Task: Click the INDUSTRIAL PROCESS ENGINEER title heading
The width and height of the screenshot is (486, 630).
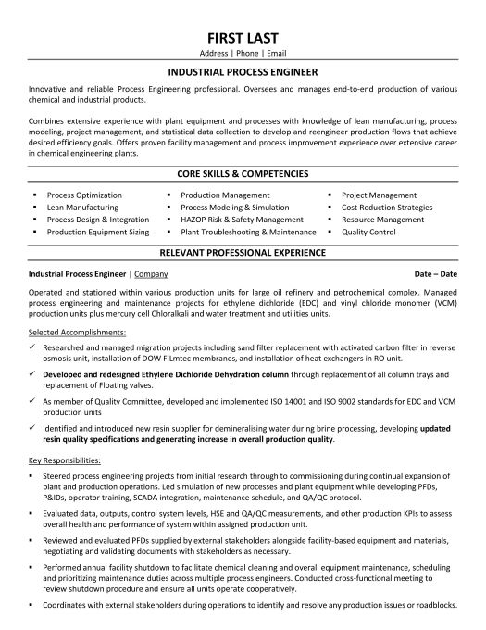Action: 243,69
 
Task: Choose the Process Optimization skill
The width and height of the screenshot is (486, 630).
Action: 84,195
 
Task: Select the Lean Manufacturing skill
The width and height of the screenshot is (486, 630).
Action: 81,208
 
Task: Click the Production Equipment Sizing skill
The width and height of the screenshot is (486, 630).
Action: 97,232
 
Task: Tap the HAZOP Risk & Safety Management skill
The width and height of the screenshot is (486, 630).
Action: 237,220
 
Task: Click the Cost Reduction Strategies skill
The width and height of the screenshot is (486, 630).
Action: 387,208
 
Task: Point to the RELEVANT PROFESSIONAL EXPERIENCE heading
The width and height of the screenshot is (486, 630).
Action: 243,251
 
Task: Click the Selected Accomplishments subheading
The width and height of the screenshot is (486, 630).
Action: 69,331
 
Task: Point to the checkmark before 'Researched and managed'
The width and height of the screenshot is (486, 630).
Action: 33,343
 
